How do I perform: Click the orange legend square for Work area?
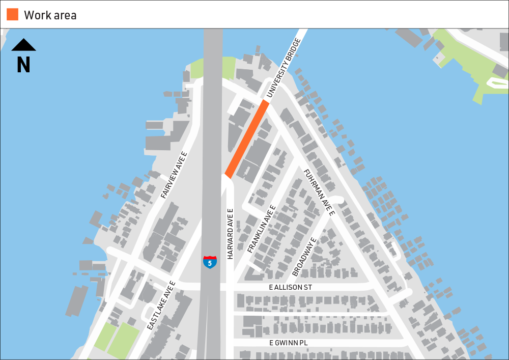(x=12, y=14)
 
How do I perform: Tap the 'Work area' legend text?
(x=50, y=15)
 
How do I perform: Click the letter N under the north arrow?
(x=23, y=65)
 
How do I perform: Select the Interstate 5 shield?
(x=210, y=262)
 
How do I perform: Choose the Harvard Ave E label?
(x=230, y=234)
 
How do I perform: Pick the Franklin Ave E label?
(x=261, y=229)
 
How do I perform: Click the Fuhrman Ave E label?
(x=319, y=192)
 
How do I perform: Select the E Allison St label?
(x=290, y=288)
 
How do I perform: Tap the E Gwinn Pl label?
(x=289, y=343)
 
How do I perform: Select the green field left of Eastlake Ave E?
(x=117, y=339)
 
